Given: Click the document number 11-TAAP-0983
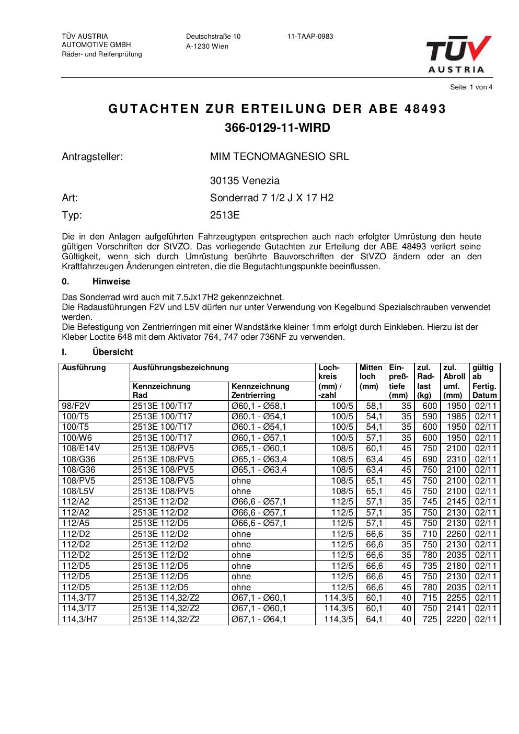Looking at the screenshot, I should (310, 37).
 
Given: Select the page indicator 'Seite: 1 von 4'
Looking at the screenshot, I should (471, 87).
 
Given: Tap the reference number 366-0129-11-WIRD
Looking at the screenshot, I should (277, 128).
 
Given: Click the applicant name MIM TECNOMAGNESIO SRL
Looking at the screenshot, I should (279, 156).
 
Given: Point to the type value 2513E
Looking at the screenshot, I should (225, 215).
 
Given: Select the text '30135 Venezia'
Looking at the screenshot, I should (245, 181).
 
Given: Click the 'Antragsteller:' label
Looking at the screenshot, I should (92, 156).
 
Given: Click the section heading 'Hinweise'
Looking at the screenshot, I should (111, 282).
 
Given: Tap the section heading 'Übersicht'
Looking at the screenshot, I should (112, 352).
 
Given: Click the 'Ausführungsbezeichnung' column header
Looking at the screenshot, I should (180, 368).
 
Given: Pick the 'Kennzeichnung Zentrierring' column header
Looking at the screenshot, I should (260, 391).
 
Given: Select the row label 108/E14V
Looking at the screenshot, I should (80, 448).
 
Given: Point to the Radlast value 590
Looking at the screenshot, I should (429, 417).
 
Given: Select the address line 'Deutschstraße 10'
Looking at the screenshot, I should (213, 37).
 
